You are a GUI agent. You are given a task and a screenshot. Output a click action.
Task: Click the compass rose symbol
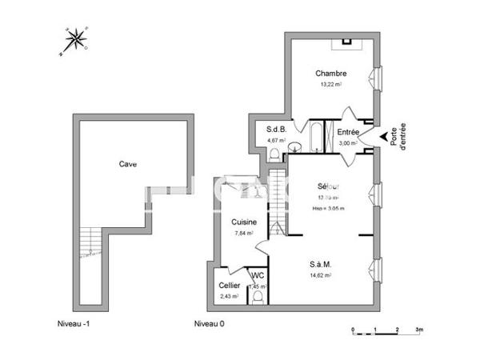77,39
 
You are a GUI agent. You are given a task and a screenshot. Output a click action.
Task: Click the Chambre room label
330,74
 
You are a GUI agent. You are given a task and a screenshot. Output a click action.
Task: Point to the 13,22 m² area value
330,85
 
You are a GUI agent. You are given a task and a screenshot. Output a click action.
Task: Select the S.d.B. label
276,130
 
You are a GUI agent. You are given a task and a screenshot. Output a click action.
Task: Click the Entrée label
347,132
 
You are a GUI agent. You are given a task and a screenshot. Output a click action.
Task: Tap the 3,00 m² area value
347,142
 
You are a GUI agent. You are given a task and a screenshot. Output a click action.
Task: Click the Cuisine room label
244,222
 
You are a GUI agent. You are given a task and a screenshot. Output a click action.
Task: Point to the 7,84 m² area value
244,233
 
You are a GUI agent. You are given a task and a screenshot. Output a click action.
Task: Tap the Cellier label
230,286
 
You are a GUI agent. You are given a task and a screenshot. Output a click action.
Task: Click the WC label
258,276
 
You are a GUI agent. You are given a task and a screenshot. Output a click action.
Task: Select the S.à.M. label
322,264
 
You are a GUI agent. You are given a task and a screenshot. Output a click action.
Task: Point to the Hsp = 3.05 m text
328,209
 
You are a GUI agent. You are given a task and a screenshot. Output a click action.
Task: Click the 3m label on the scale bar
419,330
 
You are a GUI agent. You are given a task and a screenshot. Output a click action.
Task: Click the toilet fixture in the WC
258,297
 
